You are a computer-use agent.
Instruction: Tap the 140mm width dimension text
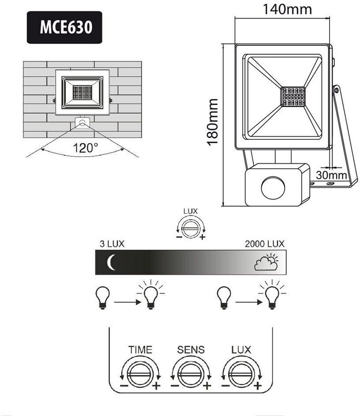(287, 9)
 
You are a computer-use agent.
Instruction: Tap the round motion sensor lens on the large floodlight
(273, 188)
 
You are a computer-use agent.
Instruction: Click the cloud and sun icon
(266, 262)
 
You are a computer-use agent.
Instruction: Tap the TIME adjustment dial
(140, 373)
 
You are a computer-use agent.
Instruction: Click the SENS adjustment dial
(191, 373)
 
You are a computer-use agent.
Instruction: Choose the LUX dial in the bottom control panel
(241, 373)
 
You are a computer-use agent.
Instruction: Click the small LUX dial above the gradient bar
(191, 228)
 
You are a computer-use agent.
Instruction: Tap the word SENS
(191, 350)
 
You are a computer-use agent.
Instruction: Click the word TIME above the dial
(140, 350)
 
